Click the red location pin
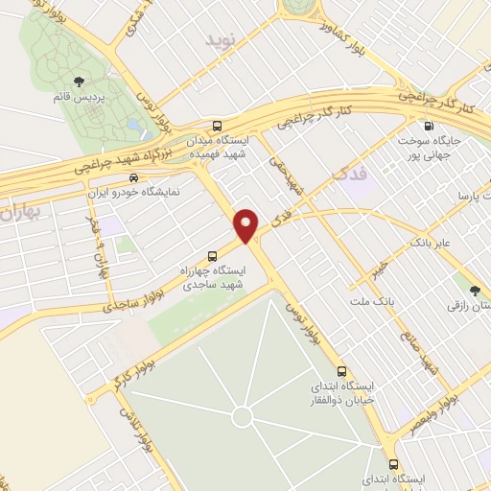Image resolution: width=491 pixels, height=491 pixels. [246, 224]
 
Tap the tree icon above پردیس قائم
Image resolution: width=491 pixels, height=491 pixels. [79, 82]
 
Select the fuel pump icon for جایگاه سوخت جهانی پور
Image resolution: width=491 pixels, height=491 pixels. [428, 125]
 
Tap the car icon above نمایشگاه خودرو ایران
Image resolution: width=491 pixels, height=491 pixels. [133, 177]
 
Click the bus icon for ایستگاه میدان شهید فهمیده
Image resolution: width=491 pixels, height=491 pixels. [218, 125]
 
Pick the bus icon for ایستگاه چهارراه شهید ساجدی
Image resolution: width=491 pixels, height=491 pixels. [213, 256]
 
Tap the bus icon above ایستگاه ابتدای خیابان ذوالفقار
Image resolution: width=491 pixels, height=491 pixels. [341, 371]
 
